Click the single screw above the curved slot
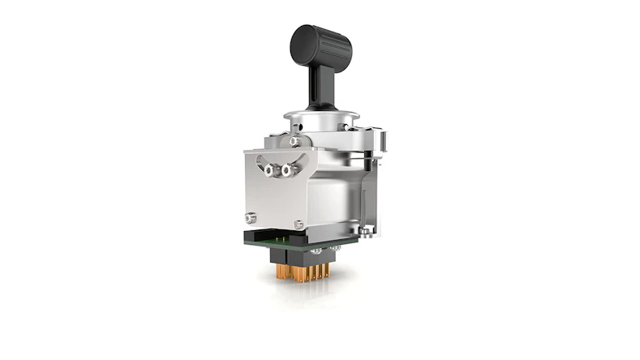point(294,142)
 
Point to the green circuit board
point(292,240)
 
